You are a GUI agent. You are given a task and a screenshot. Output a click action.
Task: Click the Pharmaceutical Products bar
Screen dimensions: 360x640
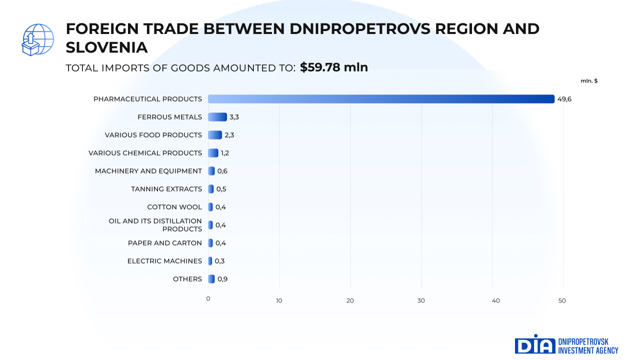coord(381,99)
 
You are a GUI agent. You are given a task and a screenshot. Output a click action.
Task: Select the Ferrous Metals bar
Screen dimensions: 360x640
coord(217,117)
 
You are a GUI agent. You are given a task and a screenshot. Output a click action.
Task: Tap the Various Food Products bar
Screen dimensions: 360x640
coord(214,135)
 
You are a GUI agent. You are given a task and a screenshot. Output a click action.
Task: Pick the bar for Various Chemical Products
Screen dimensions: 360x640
coord(213,153)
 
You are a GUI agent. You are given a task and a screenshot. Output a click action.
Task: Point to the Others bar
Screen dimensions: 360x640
coord(211,279)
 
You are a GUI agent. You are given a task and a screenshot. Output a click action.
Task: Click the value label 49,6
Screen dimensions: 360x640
coord(564,99)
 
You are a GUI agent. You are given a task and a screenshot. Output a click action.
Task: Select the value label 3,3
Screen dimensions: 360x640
coord(234,117)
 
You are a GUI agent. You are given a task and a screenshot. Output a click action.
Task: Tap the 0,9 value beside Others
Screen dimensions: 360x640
coord(222,279)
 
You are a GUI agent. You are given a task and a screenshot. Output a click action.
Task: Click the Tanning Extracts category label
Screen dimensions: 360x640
coord(166,189)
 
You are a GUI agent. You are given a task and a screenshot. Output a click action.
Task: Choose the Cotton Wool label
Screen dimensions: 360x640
coord(174,207)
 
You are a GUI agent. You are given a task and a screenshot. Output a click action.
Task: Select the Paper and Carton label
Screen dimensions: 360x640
coord(165,243)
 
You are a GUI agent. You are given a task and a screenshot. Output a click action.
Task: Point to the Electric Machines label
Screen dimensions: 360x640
coord(164,261)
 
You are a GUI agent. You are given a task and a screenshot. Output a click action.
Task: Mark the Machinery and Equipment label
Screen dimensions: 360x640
coord(148,171)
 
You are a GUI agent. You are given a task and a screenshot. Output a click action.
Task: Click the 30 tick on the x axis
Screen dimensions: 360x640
coord(421,300)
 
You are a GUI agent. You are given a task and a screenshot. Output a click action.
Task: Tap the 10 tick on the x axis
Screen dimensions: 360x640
coord(279,300)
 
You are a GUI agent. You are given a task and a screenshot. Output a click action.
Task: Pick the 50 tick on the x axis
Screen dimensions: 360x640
coord(562,300)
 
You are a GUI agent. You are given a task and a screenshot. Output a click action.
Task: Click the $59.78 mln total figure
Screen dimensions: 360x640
coord(334,67)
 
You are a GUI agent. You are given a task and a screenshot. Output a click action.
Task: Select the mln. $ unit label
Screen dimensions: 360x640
coord(589,81)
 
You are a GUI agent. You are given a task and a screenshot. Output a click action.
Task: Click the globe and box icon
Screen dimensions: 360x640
coord(37,39)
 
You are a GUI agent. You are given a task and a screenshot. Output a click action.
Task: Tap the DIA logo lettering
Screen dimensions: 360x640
coord(535,344)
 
